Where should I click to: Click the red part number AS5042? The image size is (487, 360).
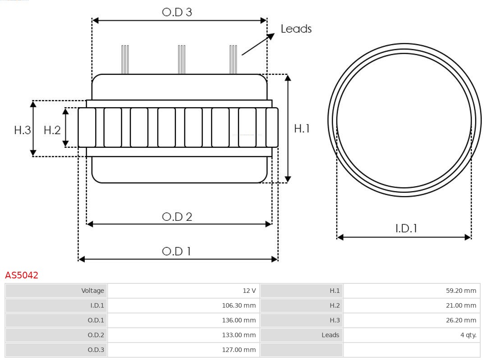click(x=22, y=275)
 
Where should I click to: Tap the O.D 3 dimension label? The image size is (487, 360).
click(x=177, y=12)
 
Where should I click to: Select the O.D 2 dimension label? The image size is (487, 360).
click(x=177, y=217)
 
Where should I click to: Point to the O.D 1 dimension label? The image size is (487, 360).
click(x=176, y=251)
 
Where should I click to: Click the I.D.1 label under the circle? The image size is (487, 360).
click(x=406, y=228)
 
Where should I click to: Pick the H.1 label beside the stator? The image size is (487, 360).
click(x=302, y=128)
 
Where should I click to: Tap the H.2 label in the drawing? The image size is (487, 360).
click(x=52, y=130)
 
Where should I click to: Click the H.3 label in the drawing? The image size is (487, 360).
click(x=22, y=130)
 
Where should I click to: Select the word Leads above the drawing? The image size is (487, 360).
click(x=296, y=29)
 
